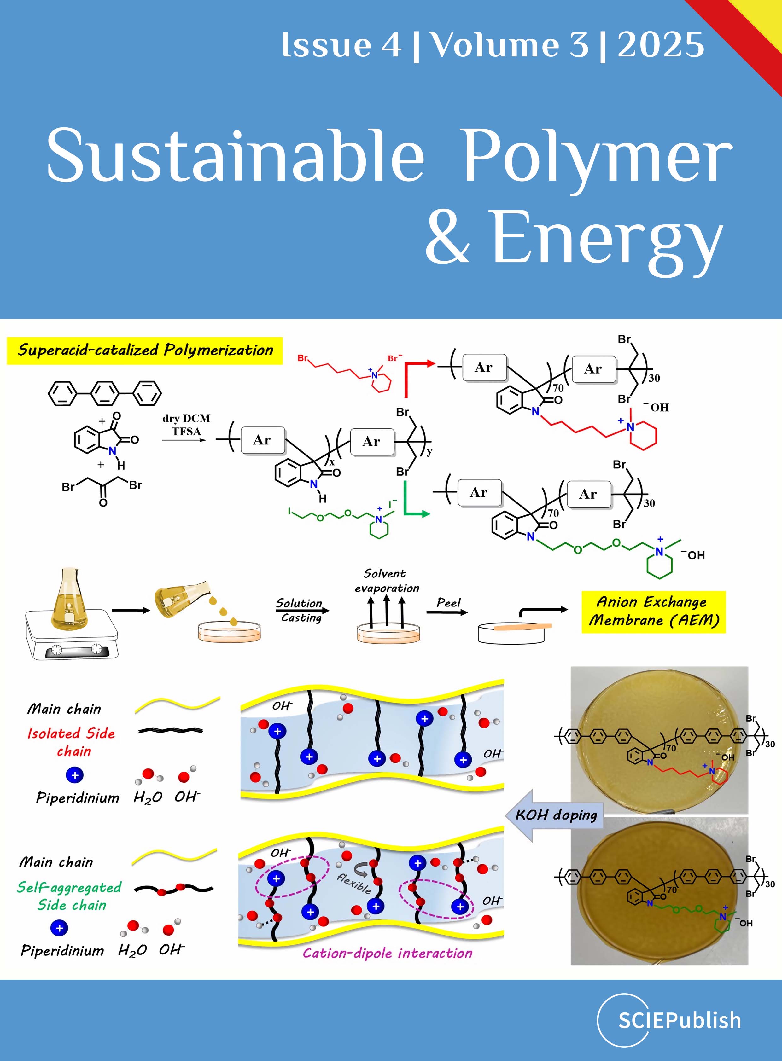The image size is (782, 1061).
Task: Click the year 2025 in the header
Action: point(661,45)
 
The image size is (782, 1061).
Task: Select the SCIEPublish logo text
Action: point(679,1020)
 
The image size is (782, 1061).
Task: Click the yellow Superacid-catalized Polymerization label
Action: point(145,351)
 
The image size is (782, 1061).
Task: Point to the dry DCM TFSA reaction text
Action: point(186,425)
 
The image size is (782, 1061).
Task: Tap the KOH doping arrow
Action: point(554,815)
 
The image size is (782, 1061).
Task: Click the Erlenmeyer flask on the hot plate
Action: point(70,601)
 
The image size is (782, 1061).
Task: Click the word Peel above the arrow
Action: point(448,602)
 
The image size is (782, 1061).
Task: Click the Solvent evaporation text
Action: point(386,581)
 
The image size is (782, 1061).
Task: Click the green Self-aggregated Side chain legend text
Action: point(70,896)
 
